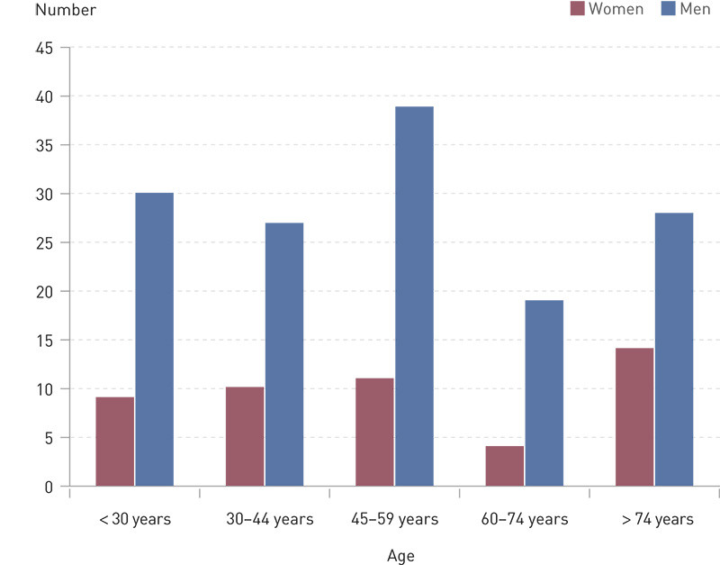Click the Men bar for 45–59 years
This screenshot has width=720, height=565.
pos(414,297)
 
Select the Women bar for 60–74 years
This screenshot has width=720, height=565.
pos(504,466)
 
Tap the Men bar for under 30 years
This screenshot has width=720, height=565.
pos(154,340)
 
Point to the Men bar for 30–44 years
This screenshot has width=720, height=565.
pos(284,354)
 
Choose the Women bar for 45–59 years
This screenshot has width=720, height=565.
pos(374,433)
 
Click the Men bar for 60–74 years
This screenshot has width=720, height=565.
pos(544,393)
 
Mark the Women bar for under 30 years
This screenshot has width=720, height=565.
pos(115,442)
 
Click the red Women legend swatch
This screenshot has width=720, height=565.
pos(577,9)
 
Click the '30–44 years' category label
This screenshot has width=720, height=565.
pos(269,519)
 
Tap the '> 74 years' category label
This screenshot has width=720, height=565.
pos(657,519)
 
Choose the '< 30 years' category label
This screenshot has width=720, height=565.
pos(135,519)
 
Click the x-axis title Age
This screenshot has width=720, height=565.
pos(400,556)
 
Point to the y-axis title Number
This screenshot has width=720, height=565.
pos(64,10)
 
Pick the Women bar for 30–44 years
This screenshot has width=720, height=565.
pos(245,437)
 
